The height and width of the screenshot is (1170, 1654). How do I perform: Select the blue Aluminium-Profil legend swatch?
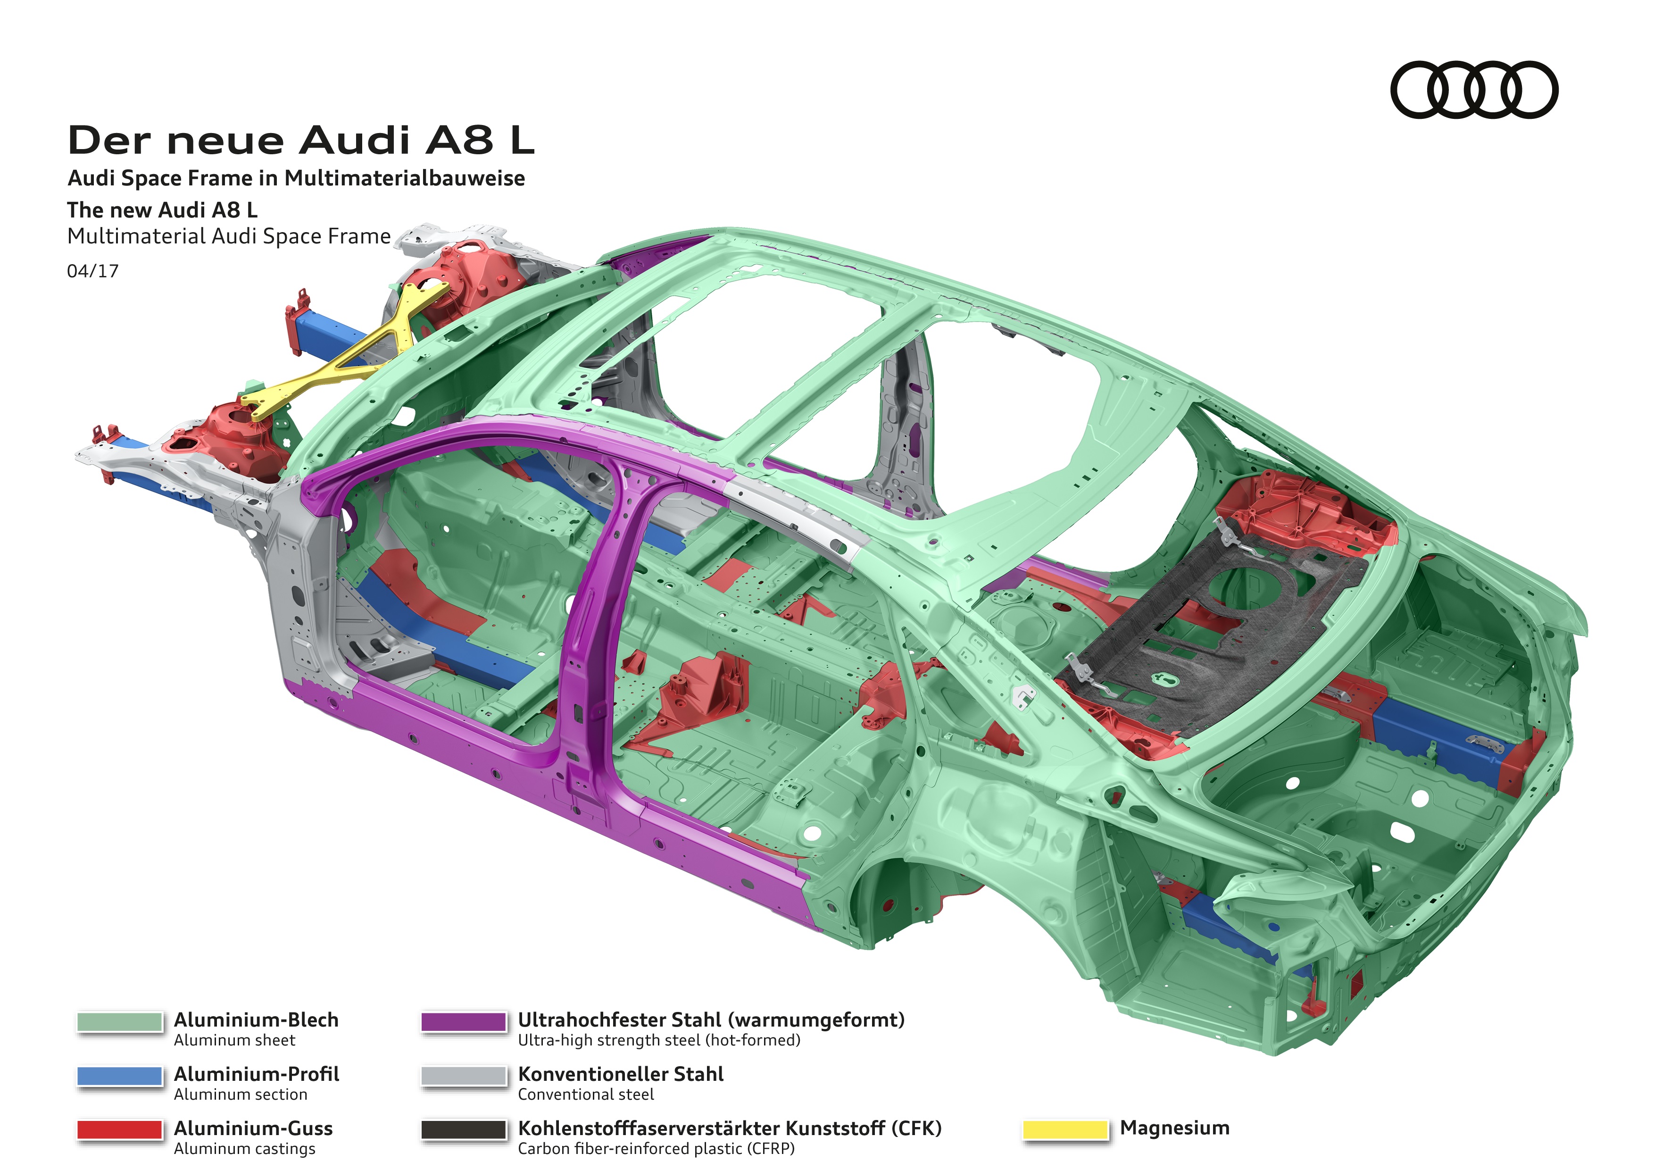point(120,1076)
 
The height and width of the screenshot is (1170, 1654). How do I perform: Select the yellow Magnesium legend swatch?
point(1065,1129)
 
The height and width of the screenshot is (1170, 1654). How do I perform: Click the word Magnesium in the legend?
point(1174,1128)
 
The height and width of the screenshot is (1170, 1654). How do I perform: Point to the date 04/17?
point(92,272)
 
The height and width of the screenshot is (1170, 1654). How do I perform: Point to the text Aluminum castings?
point(244,1149)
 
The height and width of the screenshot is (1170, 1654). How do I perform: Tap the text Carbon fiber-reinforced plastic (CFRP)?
point(656,1149)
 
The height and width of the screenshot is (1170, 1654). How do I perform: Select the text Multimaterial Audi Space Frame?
point(228,236)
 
